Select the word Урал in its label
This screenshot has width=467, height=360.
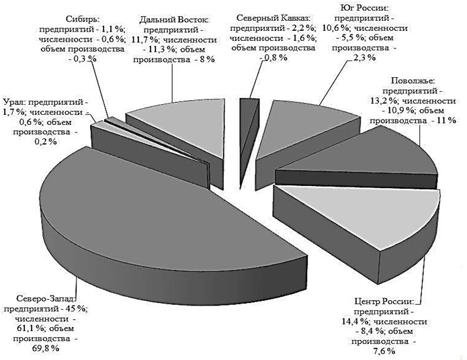point(12,102)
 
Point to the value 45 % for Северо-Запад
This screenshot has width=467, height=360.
point(74,308)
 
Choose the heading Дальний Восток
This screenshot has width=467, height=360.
point(174,20)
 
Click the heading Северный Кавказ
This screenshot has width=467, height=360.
point(273,18)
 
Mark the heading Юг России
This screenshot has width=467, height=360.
point(366,8)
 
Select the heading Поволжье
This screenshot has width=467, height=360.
point(413,81)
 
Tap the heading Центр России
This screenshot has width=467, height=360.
point(384,302)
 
